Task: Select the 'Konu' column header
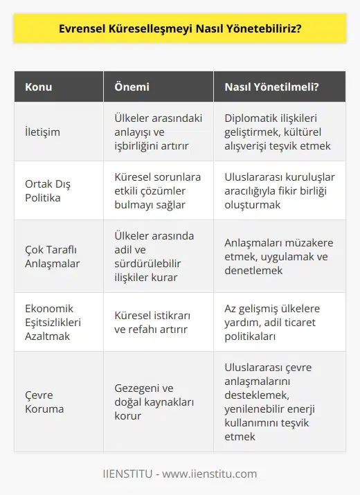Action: point(39,87)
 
